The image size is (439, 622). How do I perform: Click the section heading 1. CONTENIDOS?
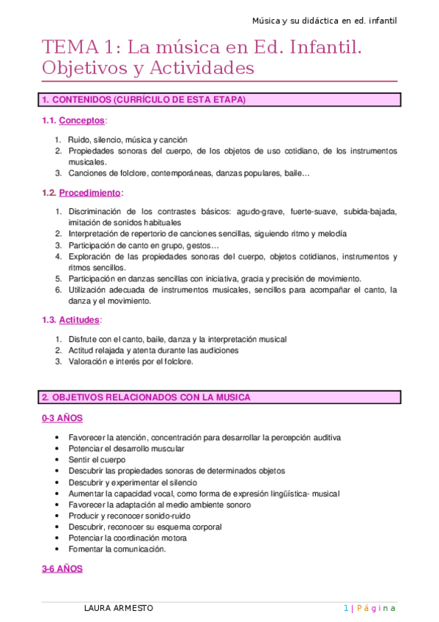tap(144, 99)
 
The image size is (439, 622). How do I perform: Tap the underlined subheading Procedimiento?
tap(90, 193)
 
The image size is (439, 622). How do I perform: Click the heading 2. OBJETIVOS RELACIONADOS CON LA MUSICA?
tap(146, 397)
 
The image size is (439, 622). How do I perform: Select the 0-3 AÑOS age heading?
tap(62, 418)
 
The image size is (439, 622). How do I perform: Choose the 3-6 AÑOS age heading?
tap(62, 568)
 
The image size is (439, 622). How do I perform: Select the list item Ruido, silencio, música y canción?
tap(128, 139)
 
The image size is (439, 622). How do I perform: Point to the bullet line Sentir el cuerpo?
tap(97, 459)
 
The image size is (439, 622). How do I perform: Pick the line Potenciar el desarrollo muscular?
tap(126, 448)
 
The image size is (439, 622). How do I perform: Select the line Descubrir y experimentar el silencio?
tap(133, 482)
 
